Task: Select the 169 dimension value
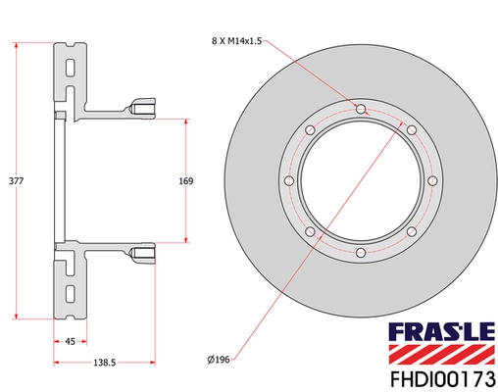click(x=186, y=181)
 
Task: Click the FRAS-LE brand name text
click(x=445, y=330)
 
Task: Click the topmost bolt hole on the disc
click(x=360, y=108)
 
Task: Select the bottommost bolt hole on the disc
click(x=360, y=254)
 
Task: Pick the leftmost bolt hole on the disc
click(x=287, y=180)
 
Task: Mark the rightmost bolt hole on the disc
click(x=432, y=180)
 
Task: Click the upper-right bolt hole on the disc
click(x=411, y=129)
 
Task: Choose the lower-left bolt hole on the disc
click(x=309, y=232)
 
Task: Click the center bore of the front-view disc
click(x=360, y=181)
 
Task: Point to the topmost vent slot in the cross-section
click(x=71, y=70)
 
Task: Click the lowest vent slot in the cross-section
click(x=71, y=294)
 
